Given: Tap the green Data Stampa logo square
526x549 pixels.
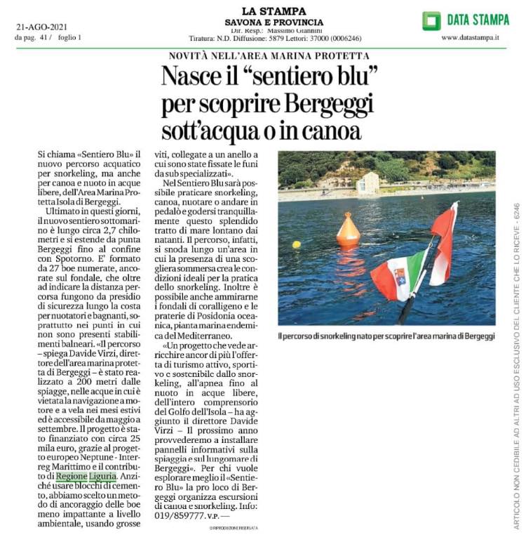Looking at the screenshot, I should pos(431,20).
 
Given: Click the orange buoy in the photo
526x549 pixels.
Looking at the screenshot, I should pos(348,230).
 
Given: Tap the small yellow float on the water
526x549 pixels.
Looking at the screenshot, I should pos(297,244).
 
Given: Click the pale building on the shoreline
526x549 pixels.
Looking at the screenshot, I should pos(367,183).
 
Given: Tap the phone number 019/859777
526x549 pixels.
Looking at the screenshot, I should pos(187,515).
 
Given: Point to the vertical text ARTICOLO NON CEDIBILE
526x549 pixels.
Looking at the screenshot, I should pos(516,372).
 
